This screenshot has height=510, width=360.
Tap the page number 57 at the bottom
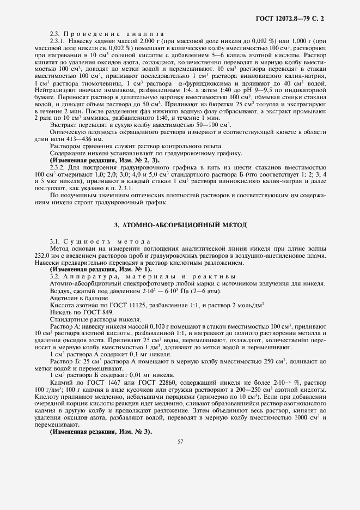coord(180,441)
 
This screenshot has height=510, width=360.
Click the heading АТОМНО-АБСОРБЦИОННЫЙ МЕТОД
coord(180,224)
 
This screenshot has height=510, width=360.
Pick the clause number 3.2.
coord(55,277)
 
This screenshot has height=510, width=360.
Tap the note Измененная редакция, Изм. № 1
coord(101,270)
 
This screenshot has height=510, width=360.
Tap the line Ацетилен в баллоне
coord(79,298)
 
